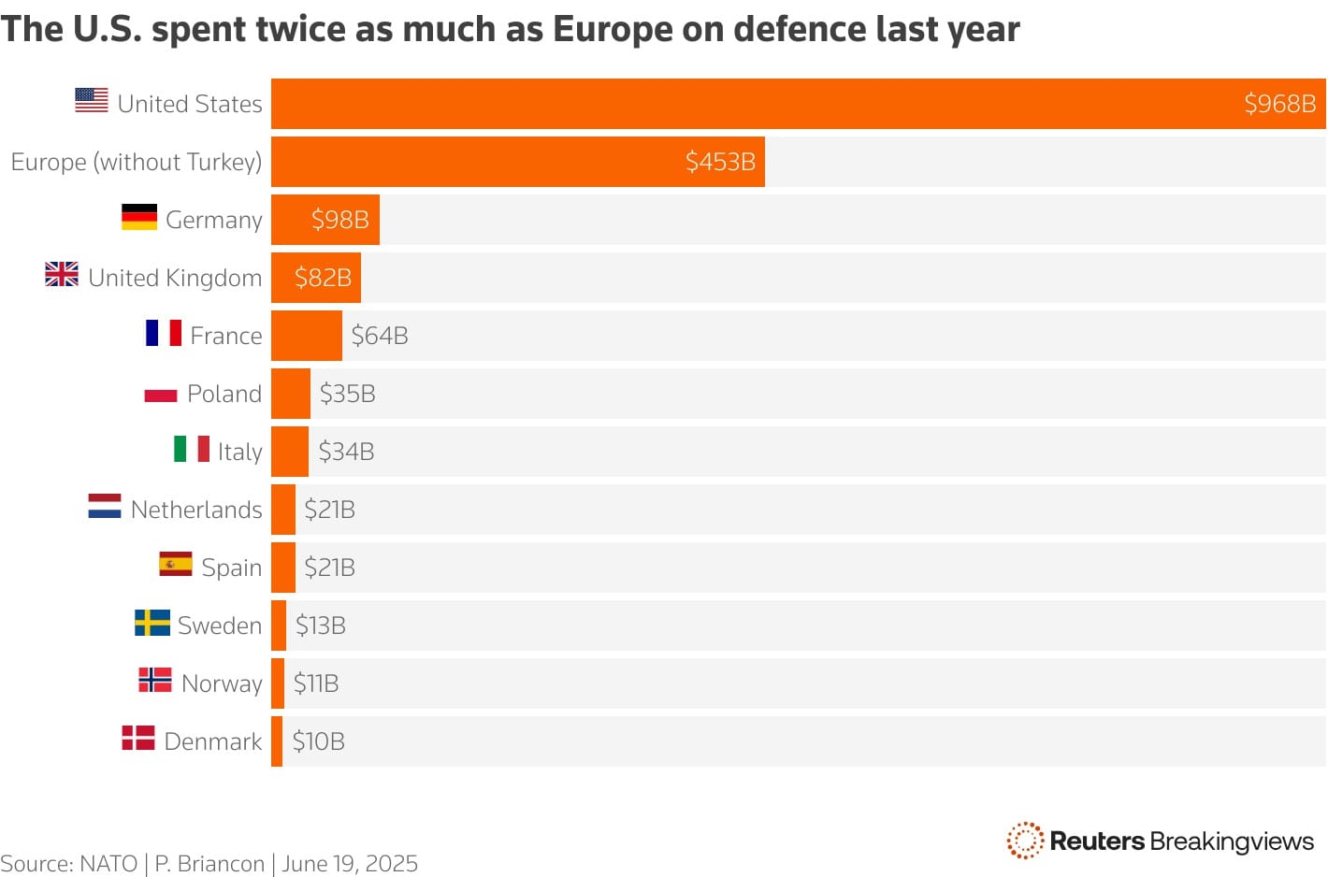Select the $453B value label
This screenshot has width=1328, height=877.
coord(720,162)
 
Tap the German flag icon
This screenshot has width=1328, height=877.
coord(139,218)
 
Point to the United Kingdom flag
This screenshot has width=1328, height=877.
coord(62,275)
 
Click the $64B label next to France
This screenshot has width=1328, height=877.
coord(380,336)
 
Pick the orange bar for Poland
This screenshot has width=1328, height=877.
coord(291,394)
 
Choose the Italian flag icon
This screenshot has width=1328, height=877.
coord(192,449)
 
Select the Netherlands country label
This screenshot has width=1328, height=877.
coord(196,510)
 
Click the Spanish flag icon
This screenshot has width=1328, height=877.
coord(176,565)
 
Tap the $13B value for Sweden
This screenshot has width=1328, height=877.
coord(321,625)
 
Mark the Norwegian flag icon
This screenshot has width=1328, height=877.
coord(155,680)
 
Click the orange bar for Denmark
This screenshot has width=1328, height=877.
coord(277,741)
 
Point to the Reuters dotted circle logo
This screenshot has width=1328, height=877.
coord(1025,841)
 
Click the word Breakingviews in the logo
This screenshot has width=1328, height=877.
coord(1232,841)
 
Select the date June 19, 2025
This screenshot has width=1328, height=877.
coord(350,864)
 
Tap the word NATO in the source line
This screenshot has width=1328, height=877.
coord(108,864)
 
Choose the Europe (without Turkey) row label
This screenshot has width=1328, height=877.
coord(137,162)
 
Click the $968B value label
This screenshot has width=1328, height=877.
coord(1279,104)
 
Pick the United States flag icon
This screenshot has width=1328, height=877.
coord(92,100)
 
